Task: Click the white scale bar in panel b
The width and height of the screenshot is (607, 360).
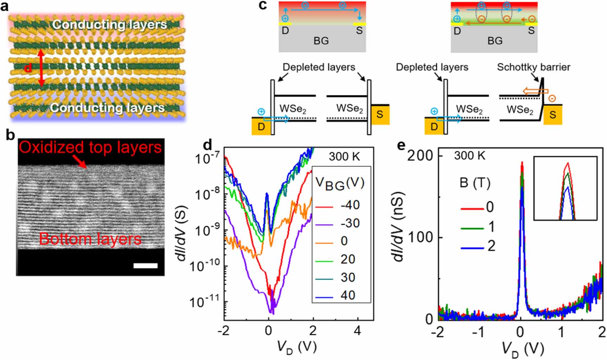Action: pos(145,266)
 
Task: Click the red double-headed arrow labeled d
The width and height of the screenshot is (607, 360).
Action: pos(41,68)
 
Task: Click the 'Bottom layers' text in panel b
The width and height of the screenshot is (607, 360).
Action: pos(90,239)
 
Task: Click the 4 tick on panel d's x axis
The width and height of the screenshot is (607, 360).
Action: pos(358,330)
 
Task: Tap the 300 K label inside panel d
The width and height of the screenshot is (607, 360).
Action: pos(344,156)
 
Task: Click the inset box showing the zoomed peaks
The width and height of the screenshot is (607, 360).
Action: pos(565,188)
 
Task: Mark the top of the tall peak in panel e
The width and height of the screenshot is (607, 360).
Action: pos(522,163)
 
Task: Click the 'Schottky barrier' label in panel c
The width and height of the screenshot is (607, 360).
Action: pos(533,67)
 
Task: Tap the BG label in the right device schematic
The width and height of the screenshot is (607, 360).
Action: pos(494,41)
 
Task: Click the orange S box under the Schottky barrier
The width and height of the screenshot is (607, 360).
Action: pos(552,114)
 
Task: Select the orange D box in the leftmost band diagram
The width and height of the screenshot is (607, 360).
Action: pos(261,127)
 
